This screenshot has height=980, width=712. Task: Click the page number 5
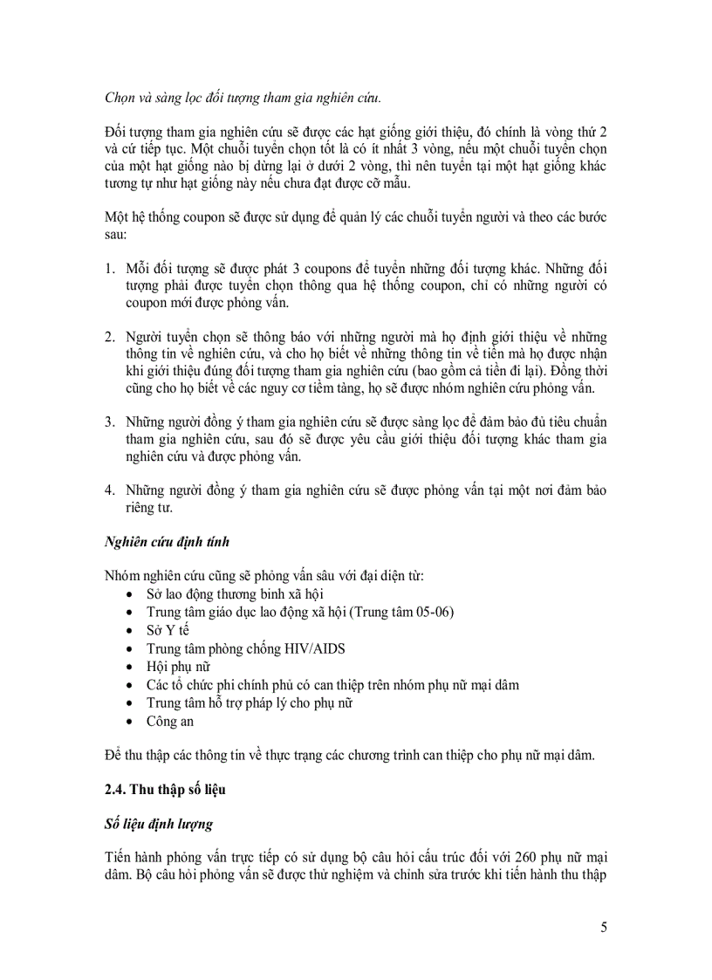pyautogui.click(x=604, y=927)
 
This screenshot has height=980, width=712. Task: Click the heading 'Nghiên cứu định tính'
pyautogui.click(x=168, y=542)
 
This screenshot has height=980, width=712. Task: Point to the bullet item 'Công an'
pyautogui.click(x=170, y=721)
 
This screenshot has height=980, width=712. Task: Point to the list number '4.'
pyautogui.click(x=110, y=490)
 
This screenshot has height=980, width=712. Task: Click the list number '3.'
pyautogui.click(x=110, y=423)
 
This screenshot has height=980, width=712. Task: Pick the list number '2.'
pyautogui.click(x=110, y=336)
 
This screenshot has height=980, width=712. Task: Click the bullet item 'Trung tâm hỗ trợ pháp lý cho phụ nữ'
pyautogui.click(x=250, y=702)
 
